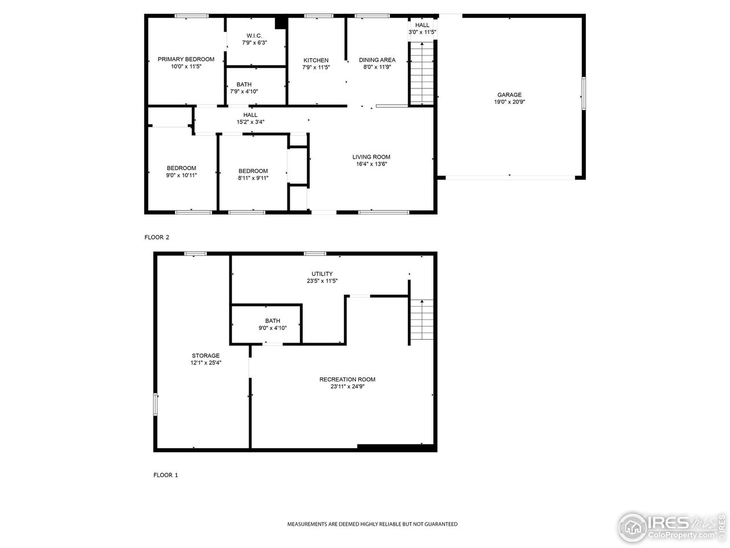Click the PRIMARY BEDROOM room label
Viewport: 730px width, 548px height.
click(186, 59)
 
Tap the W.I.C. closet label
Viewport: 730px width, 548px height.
click(254, 35)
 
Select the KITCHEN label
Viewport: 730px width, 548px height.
click(315, 61)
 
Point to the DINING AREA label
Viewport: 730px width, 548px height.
click(376, 60)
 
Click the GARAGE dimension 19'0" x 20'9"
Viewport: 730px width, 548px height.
click(509, 102)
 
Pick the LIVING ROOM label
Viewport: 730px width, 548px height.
click(371, 157)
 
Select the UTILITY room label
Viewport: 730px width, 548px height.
click(322, 274)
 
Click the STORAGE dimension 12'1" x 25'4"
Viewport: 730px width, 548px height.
click(205, 362)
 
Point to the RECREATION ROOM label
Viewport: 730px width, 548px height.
click(347, 380)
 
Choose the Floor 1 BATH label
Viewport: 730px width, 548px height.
click(273, 321)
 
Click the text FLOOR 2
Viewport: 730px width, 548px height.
click(157, 237)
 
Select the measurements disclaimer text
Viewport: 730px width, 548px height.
click(372, 524)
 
